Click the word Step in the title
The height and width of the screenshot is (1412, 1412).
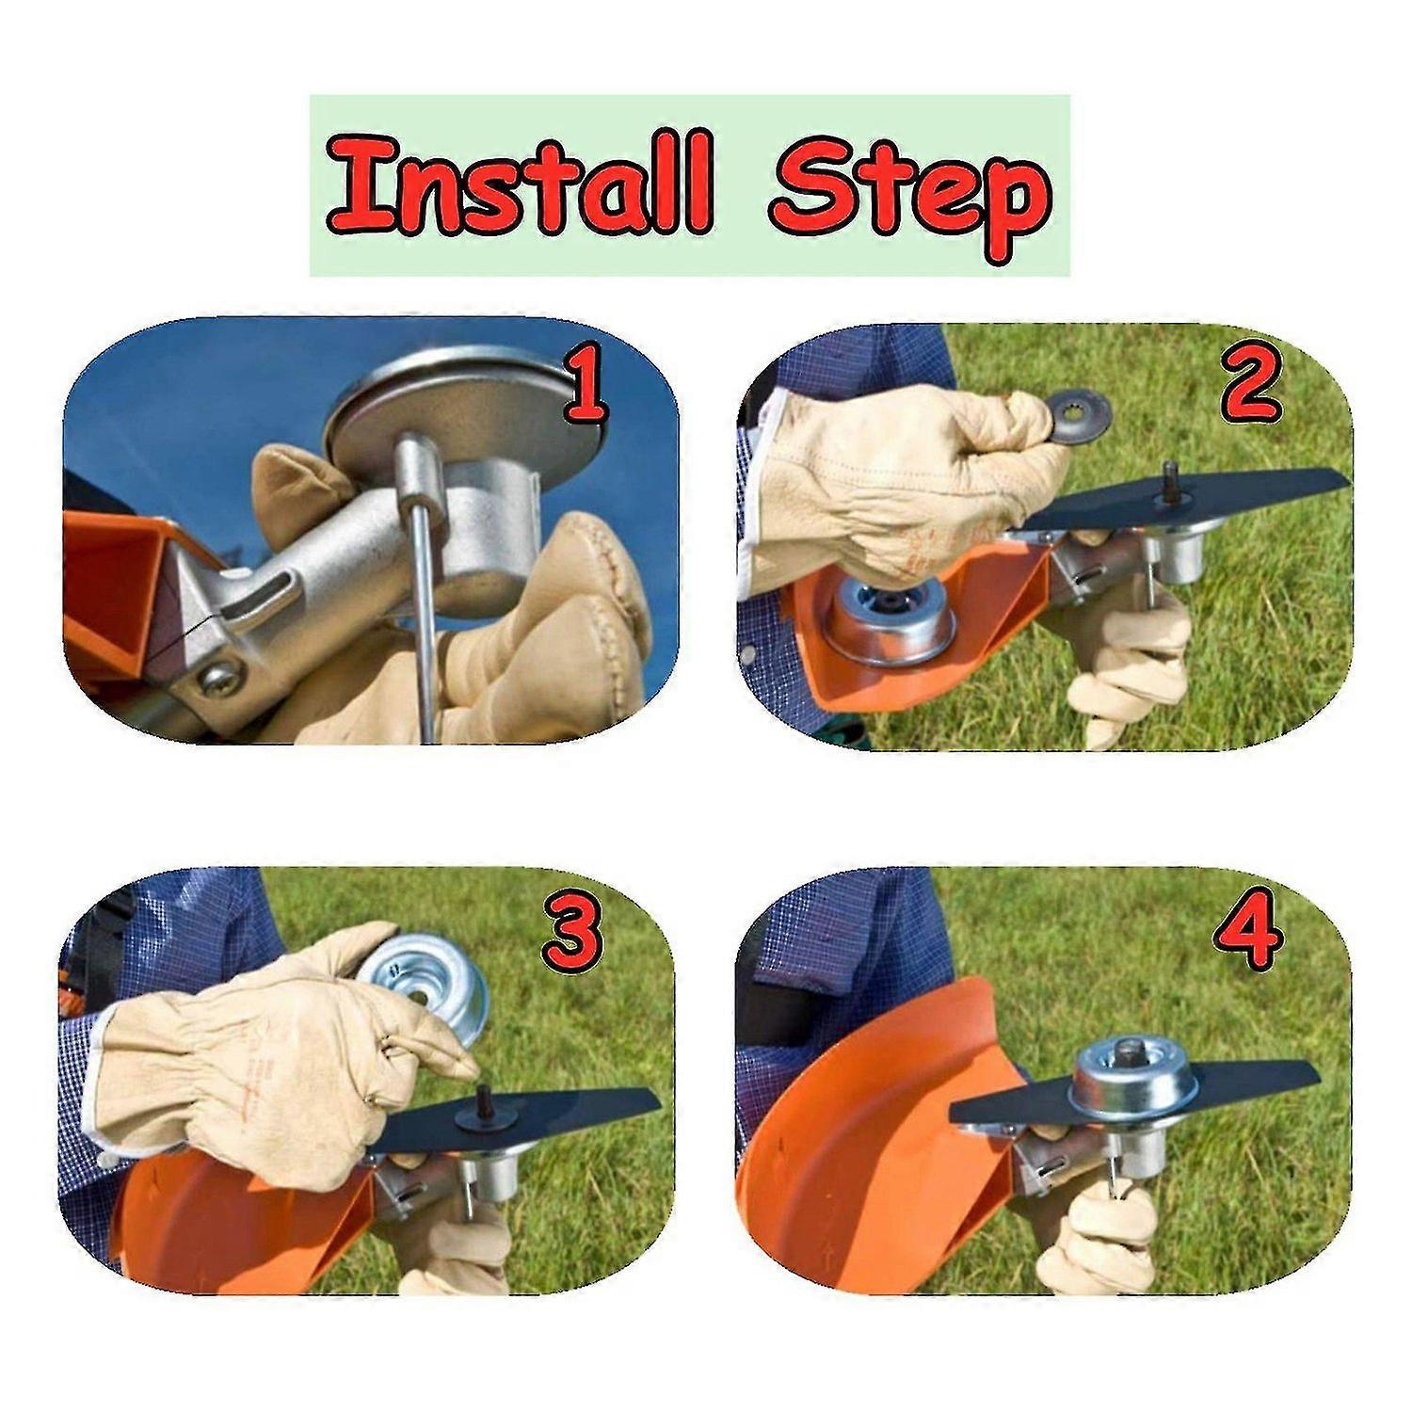pos(907,193)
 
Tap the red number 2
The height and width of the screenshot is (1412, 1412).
pos(1249,383)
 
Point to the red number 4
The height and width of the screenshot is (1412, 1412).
pos(1247,932)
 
